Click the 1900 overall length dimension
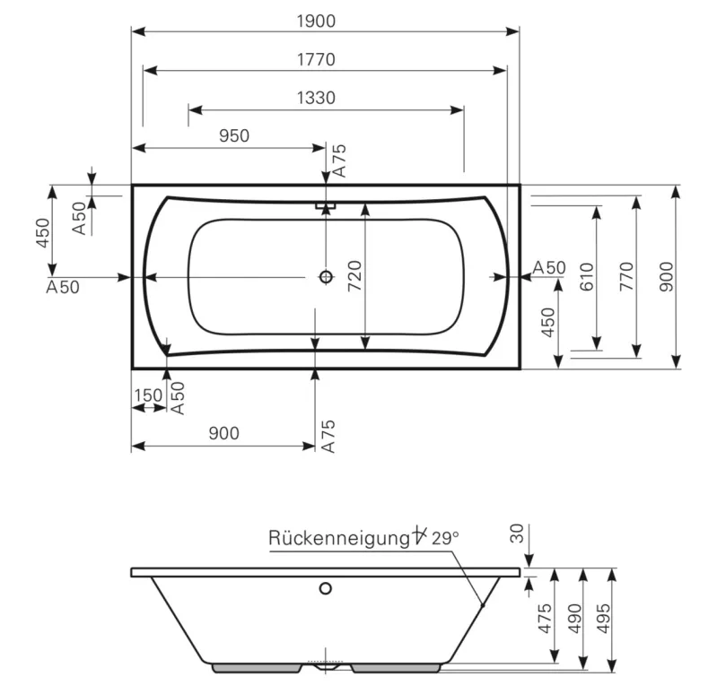pos(316,21)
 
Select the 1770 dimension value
pos(316,59)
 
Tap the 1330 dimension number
pos(316,98)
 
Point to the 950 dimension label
pos(234,135)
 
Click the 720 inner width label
pos(354,276)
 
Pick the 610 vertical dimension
pos(586,277)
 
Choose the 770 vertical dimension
pos(626,276)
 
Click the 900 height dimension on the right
pos(667,276)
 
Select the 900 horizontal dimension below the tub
pos(223,433)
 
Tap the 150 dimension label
pos(148,395)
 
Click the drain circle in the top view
pos(326,276)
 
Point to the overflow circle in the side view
pos(325,588)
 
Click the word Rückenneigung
pos(339,538)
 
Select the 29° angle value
pos(445,538)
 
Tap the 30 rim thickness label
pos(517,534)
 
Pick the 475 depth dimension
pos(545,618)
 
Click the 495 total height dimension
pos(603,618)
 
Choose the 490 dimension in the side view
pos(574,618)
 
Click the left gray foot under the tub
pos(257,668)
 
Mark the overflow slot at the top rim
pos(326,205)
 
